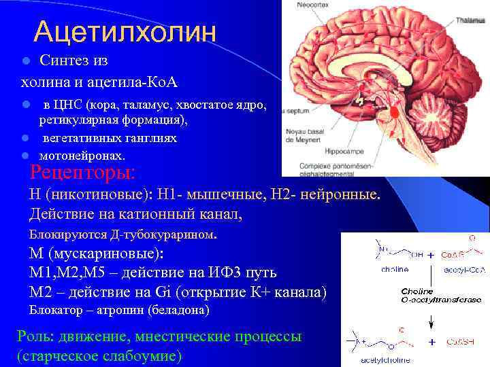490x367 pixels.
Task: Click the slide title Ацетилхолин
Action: pos(125,31)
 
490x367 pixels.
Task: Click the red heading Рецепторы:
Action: pos(83,171)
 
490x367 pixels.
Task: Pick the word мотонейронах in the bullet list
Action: pos(82,155)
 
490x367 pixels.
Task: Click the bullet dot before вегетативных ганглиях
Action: pos(24,138)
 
